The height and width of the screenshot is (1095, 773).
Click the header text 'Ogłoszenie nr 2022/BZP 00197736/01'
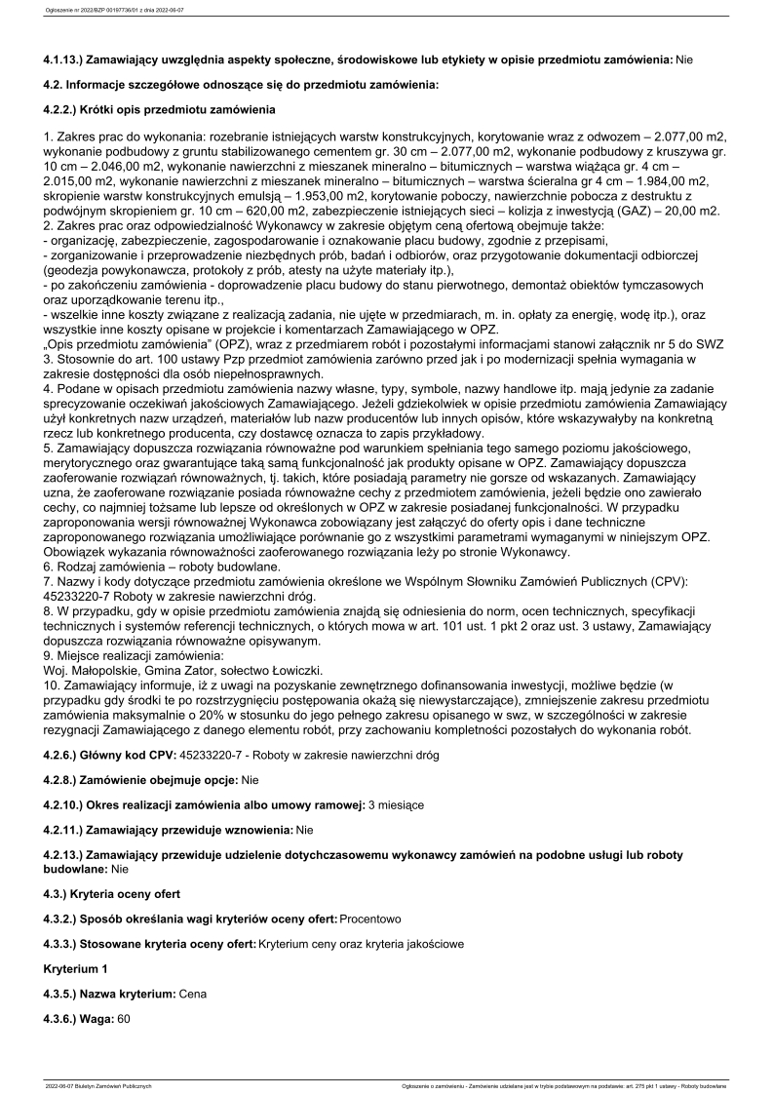(93, 12)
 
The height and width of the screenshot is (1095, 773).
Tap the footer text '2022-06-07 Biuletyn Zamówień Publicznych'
(98, 1084)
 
